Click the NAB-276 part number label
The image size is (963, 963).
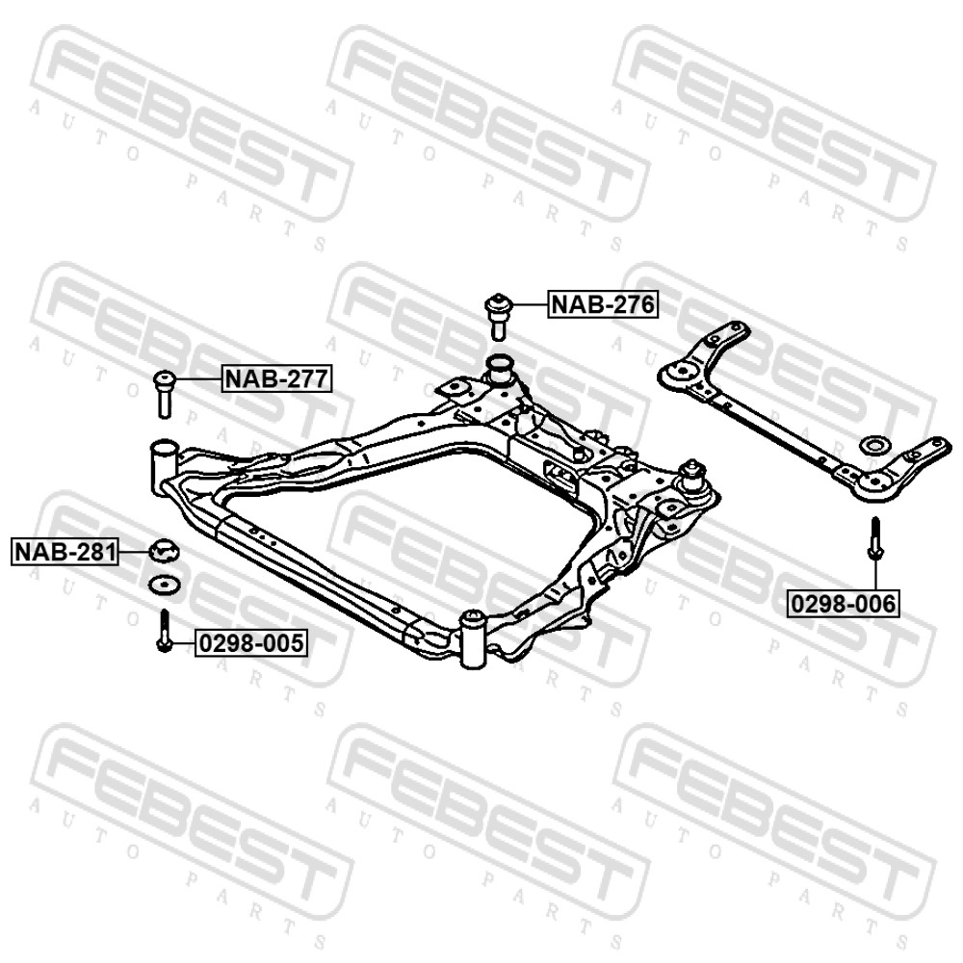point(603,304)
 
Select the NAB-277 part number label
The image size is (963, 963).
point(277,378)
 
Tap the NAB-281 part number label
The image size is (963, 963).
point(65,552)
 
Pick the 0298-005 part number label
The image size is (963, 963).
point(251,643)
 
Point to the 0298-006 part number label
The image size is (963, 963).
point(845,604)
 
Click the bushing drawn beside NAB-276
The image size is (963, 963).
point(498,316)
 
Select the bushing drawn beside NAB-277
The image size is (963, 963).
point(164,393)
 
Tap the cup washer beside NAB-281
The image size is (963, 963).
point(165,549)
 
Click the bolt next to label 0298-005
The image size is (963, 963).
point(164,630)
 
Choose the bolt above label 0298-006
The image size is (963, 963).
point(875,538)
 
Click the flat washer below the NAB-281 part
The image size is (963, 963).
point(164,585)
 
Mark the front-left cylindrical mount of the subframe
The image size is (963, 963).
point(164,465)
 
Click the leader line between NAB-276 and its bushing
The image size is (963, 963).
point(530,304)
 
